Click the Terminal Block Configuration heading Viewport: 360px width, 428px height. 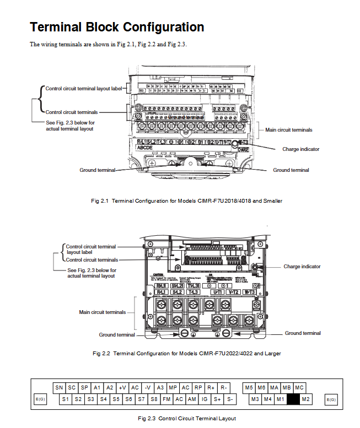117,27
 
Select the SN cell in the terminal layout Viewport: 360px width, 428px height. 58,388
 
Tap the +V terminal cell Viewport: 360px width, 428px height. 122,388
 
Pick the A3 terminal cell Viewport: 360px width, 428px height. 160,388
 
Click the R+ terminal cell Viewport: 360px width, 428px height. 211,388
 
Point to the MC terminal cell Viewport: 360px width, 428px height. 299,388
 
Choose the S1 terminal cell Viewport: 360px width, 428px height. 65,398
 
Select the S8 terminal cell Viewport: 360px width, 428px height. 154,398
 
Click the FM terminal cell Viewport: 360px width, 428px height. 166,398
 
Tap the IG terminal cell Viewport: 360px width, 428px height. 205,398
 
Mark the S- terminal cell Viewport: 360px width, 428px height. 230,398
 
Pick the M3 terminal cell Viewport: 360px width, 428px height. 255,398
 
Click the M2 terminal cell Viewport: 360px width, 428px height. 307,398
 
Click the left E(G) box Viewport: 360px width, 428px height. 40,399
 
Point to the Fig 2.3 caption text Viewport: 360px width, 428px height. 187,419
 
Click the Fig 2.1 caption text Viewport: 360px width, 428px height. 186,201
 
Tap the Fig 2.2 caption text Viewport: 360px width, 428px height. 186,353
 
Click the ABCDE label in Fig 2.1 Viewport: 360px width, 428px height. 144,148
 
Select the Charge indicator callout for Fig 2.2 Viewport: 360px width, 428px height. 302,267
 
